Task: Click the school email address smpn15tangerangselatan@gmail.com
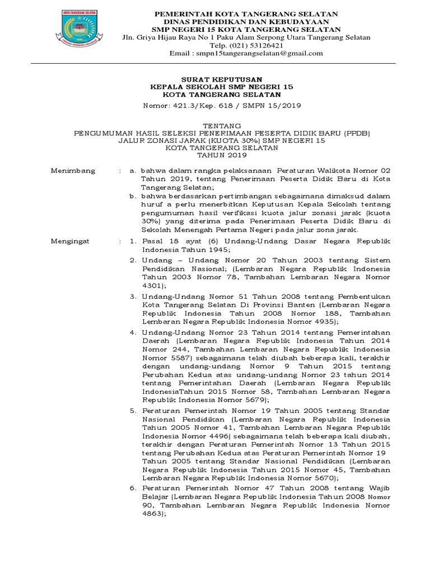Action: [246, 53]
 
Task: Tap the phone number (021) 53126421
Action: [246, 45]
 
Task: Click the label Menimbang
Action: [73, 170]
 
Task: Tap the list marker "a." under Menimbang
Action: [133, 170]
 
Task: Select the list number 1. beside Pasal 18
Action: [133, 241]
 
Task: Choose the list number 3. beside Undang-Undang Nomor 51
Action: [133, 296]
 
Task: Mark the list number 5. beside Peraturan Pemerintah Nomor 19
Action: [133, 410]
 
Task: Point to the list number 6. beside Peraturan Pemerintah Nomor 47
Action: [133, 489]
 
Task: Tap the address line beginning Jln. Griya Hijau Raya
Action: [246, 37]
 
